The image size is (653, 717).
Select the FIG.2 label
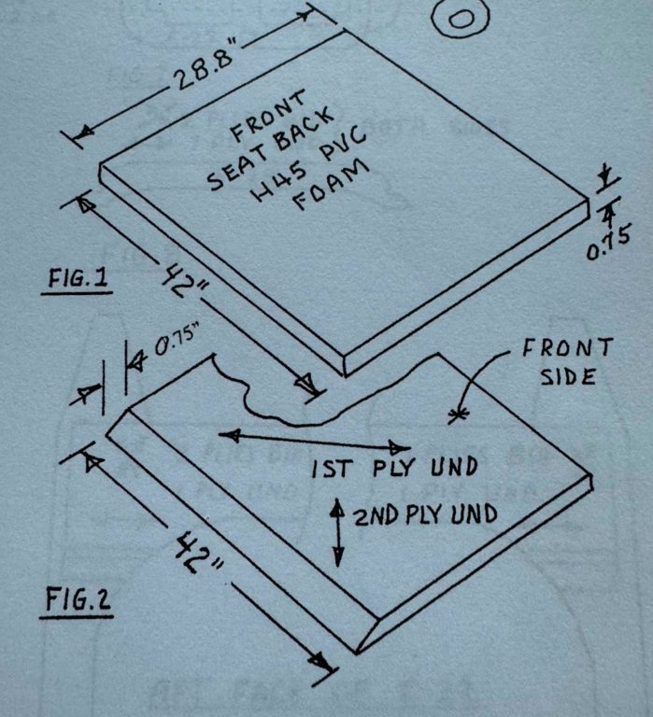(x=78, y=600)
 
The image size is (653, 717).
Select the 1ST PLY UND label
(x=393, y=468)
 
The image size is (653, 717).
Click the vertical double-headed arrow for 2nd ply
(x=338, y=531)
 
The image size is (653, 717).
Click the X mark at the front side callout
(x=457, y=415)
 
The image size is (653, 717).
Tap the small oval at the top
(x=460, y=18)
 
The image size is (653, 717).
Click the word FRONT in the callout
(x=567, y=349)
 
